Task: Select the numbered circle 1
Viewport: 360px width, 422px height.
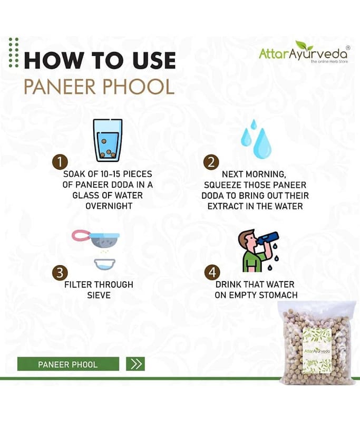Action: click(60, 162)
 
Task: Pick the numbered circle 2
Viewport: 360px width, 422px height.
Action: click(211, 162)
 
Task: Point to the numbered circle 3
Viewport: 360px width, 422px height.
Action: click(60, 272)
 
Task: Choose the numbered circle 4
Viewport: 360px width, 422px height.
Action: click(212, 272)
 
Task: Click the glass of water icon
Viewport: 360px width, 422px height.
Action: click(108, 140)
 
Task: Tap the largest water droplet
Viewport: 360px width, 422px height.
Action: click(262, 143)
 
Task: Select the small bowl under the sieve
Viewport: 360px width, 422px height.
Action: click(105, 264)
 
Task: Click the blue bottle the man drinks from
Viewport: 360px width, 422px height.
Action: click(268, 238)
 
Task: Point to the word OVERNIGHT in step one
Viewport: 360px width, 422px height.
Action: click(109, 206)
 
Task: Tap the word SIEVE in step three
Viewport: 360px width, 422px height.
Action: click(99, 295)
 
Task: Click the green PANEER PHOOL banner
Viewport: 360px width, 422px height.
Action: click(68, 364)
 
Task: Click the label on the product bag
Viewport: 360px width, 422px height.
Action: click(317, 351)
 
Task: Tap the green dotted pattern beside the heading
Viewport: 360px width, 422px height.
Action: click(14, 52)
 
